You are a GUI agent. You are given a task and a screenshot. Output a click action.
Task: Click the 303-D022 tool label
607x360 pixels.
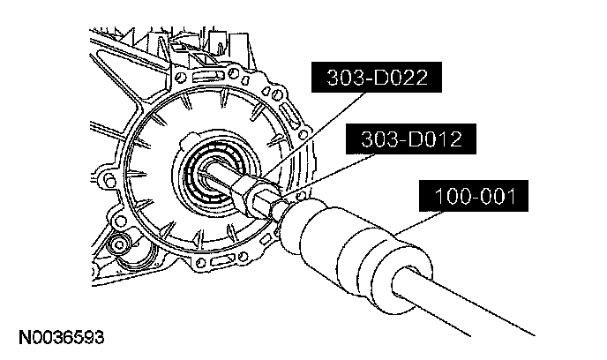coord(376,77)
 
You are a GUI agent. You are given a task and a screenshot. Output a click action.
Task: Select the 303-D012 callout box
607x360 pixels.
coord(411,139)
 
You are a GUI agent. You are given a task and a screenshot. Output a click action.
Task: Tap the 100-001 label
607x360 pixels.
coord(474,196)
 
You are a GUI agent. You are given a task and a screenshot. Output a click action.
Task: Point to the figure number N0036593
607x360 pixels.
coord(62,338)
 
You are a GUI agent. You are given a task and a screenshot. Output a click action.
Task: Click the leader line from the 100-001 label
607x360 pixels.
coord(417,223)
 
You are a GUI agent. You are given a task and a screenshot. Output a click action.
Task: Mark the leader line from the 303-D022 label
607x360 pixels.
coord(313,136)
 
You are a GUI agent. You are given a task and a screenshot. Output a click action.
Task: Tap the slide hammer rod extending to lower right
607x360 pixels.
coord(465,302)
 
